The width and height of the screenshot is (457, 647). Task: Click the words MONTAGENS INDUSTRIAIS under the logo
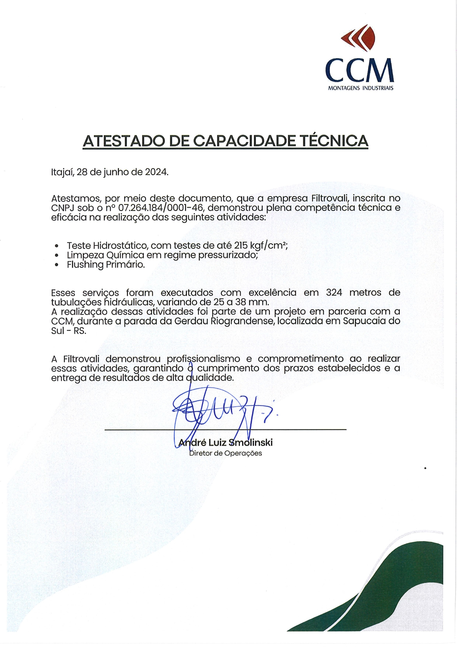click(360, 88)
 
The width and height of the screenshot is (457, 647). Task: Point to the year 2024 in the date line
click(156, 172)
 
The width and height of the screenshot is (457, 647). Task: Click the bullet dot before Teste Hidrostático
click(56, 246)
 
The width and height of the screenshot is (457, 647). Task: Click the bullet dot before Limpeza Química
click(56, 255)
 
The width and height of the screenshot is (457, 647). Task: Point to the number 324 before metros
click(334, 293)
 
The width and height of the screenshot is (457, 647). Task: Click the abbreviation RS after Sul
click(80, 331)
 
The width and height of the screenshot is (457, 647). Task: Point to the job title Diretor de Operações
click(226, 453)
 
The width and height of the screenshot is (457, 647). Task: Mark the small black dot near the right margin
click(425, 468)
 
